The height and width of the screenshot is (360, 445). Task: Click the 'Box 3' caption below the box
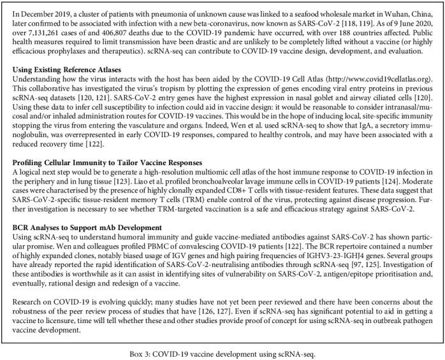(222, 351)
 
